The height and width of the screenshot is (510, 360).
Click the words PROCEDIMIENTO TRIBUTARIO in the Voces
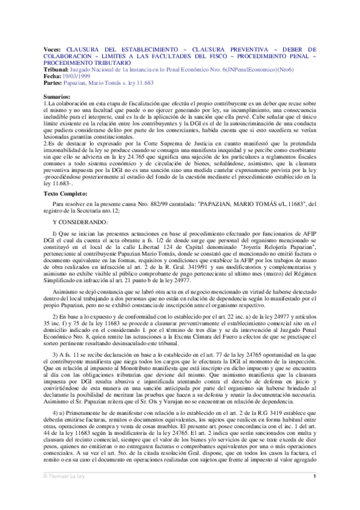click(x=84, y=62)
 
